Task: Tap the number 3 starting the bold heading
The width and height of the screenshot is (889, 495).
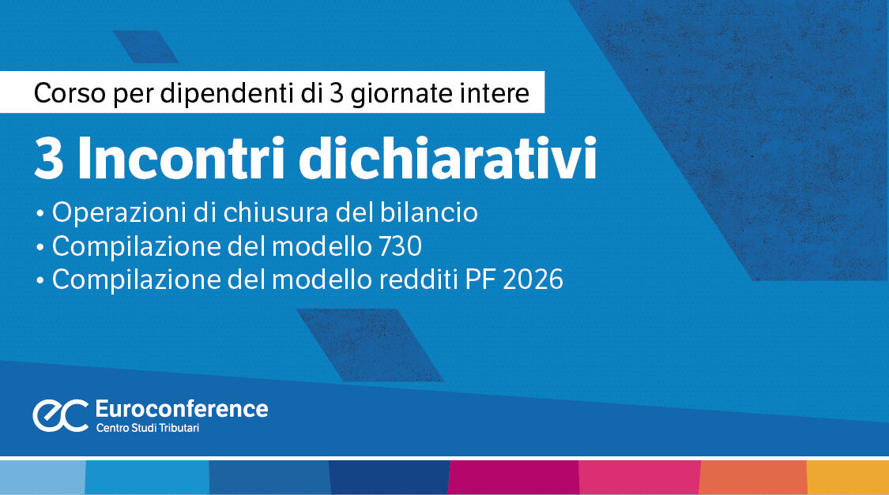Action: pyautogui.click(x=49, y=161)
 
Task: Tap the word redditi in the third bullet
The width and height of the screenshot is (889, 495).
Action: pyautogui.click(x=420, y=280)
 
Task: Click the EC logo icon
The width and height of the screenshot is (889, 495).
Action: pyautogui.click(x=60, y=415)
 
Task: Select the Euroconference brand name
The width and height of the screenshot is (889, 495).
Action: pyautogui.click(x=181, y=408)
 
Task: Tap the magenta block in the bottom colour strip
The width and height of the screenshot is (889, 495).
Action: pyautogui.click(x=514, y=478)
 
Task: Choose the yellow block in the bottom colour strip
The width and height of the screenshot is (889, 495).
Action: pyautogui.click(x=847, y=478)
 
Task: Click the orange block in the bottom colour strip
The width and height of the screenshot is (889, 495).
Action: pyautogui.click(x=752, y=478)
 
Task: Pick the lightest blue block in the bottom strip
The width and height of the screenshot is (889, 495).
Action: pyautogui.click(x=42, y=478)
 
